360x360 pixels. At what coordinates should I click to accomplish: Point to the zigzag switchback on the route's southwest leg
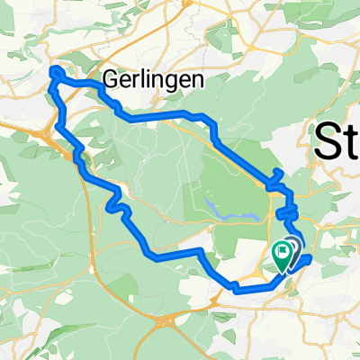coord(117,206)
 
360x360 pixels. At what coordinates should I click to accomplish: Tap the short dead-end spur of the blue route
coord(275,173)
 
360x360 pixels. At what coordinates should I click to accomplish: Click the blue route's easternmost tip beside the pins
coord(310,258)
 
